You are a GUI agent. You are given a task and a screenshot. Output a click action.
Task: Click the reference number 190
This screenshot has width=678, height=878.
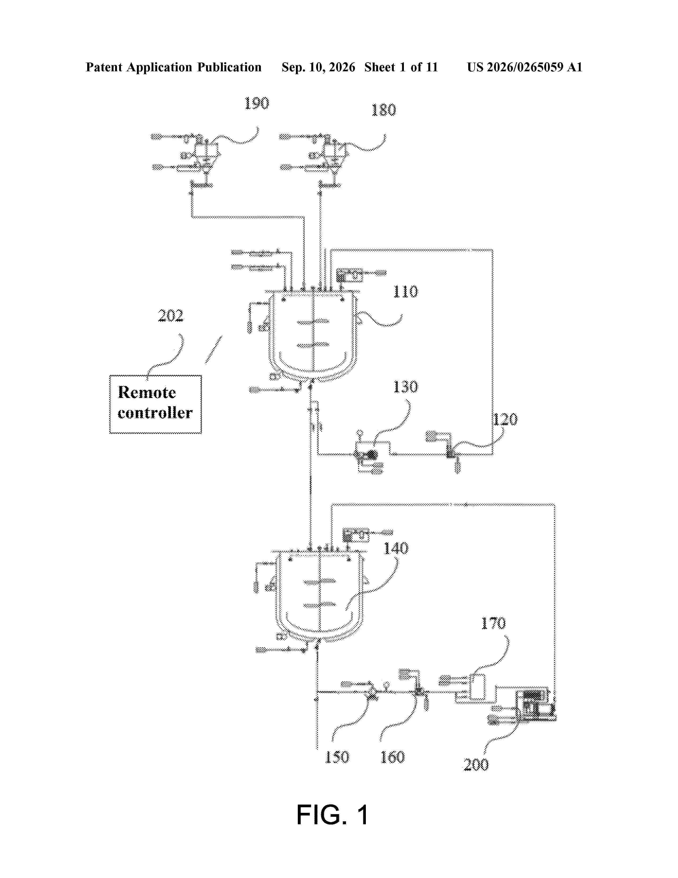click(257, 103)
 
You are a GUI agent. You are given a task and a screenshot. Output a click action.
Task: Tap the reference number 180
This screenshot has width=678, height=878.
click(384, 110)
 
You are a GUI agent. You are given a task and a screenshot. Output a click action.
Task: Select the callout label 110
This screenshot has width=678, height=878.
click(405, 291)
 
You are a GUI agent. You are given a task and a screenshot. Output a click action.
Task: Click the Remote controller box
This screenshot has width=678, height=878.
click(156, 404)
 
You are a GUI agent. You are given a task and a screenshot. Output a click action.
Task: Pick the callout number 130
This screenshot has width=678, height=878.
click(405, 387)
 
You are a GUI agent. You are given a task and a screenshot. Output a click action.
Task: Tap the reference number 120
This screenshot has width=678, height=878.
click(505, 419)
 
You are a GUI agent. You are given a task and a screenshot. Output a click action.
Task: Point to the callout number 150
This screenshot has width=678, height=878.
click(337, 757)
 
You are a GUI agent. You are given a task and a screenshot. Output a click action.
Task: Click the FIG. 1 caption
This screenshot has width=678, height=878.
click(332, 814)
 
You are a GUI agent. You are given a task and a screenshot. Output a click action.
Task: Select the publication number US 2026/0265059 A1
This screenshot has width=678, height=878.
click(525, 67)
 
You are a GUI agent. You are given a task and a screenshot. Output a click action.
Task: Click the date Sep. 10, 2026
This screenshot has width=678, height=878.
click(318, 67)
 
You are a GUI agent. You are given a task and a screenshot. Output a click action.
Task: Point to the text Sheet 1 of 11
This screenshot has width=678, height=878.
click(401, 67)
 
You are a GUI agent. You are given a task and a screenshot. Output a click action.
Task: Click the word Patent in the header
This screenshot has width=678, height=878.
click(104, 67)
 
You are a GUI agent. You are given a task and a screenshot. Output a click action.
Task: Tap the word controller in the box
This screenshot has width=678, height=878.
click(155, 413)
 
